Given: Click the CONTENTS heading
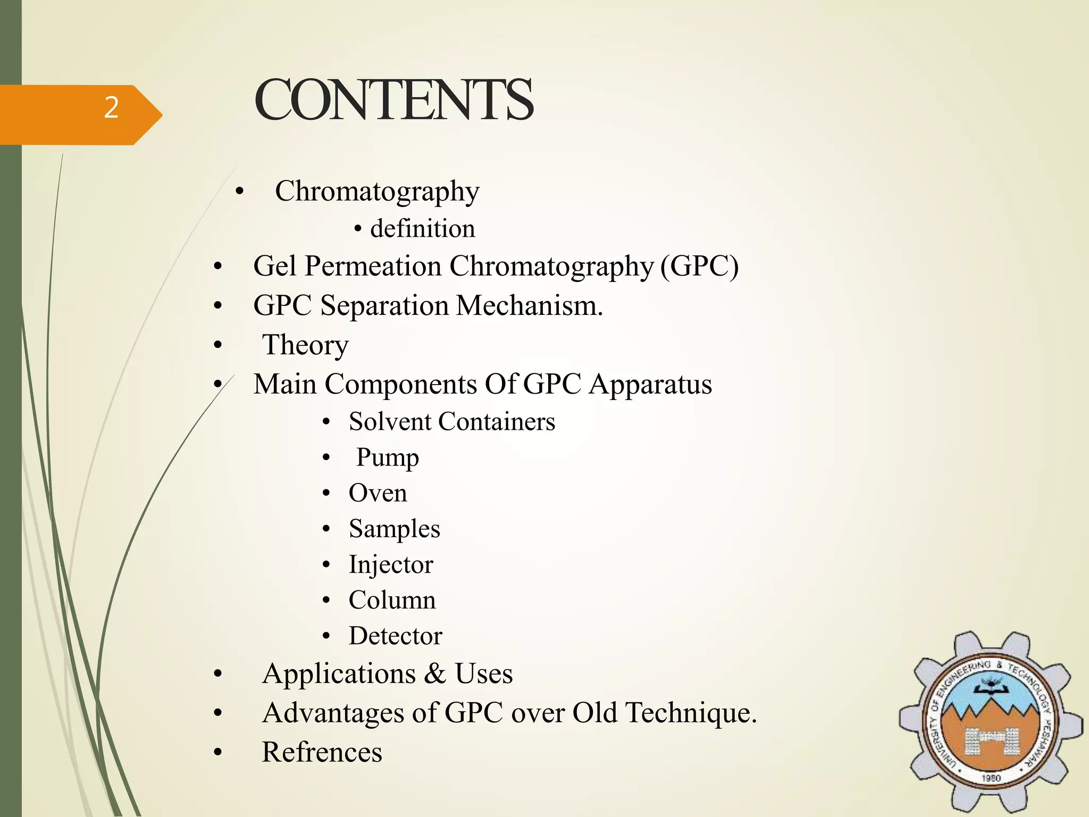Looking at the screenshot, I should pos(393,100).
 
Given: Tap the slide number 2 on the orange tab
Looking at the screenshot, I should pos(111,107).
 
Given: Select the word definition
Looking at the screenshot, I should pos(422,229).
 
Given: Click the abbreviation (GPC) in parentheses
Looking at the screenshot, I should pos(699,266).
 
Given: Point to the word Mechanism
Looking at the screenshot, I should pos(530,306).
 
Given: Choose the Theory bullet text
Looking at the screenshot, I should pos(305,345).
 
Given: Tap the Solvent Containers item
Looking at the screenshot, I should pos(451,422).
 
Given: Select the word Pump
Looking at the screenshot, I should pos(387,458).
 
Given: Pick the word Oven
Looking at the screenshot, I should pos(378,493).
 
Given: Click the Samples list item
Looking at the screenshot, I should pos(394,529).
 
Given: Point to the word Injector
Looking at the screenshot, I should pos(391,565).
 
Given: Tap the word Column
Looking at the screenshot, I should pos(392,601).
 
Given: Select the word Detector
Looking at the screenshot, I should pos(395,636).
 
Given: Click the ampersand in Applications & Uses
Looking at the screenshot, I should pos(435,674).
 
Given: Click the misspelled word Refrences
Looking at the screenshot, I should pos(322,752).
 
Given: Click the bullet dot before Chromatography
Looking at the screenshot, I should pos(240,191).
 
